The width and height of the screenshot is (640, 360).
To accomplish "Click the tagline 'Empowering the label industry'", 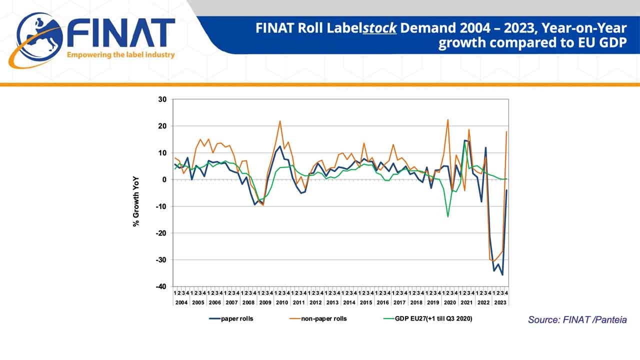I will [120, 54].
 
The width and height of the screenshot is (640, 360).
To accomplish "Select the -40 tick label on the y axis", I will [161, 286].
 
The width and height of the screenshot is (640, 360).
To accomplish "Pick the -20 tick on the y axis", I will [161, 233].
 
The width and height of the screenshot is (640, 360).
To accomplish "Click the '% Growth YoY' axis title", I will [136, 201].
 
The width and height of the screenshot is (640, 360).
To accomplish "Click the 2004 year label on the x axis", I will [181, 302].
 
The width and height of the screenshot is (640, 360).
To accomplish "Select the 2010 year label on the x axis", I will [281, 302].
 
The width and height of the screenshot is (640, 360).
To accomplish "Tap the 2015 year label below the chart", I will [365, 302].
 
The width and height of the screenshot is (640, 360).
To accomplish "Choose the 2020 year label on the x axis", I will [449, 302].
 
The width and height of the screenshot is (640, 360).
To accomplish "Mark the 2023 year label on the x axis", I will [499, 302].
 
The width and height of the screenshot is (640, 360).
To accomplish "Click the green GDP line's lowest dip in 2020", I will [447, 216].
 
